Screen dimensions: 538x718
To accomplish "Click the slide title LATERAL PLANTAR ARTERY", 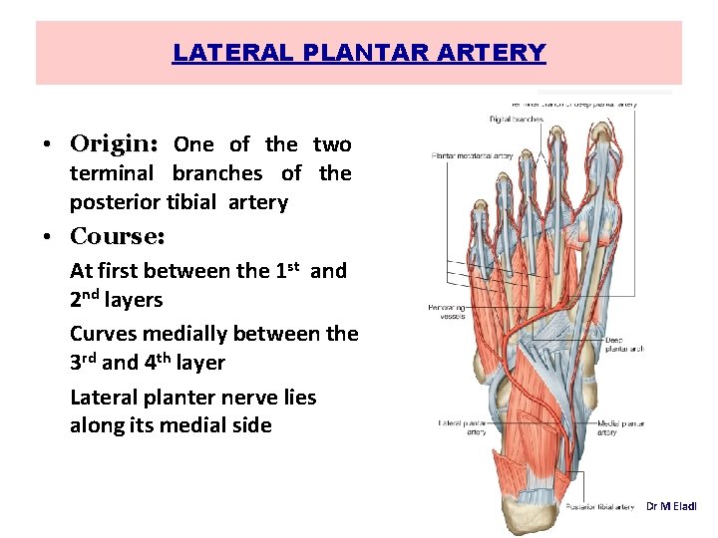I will tap(359, 53).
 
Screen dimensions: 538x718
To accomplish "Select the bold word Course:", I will tap(117, 237).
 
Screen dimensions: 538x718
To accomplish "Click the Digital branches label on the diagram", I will tap(516, 119).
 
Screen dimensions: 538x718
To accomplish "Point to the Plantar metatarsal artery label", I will tap(472, 155).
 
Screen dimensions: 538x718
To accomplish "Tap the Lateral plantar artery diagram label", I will tap(463, 428).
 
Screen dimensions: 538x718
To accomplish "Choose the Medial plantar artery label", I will tap(620, 428).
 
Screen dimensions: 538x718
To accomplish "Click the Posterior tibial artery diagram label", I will tap(599, 507).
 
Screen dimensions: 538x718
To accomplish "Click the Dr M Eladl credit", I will tap(671, 507).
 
